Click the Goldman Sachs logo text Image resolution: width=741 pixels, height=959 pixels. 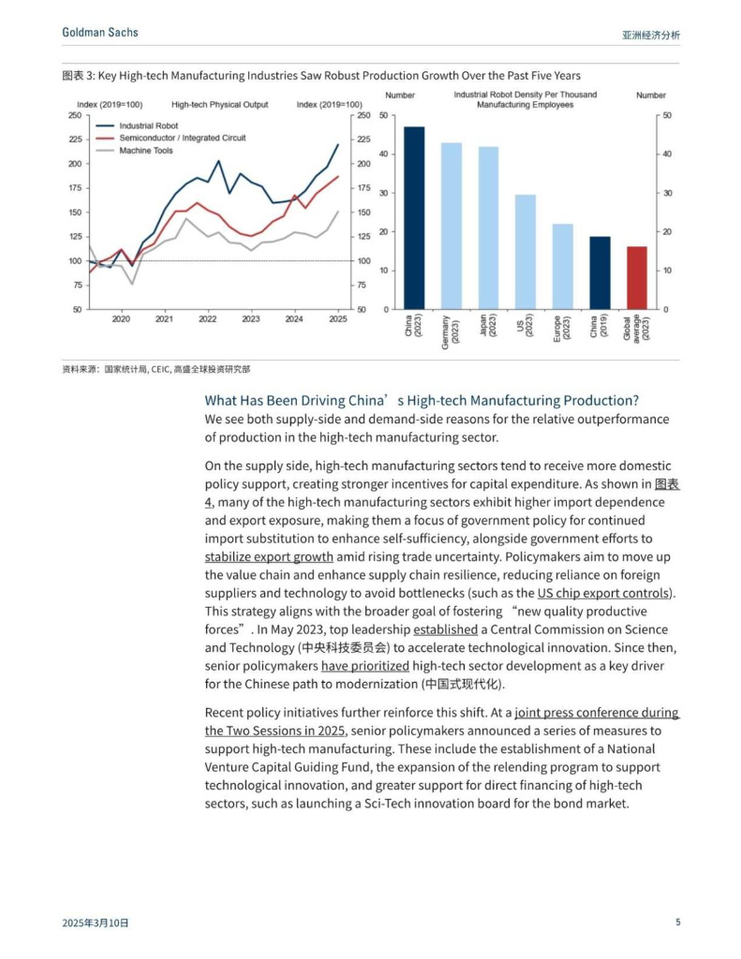100,33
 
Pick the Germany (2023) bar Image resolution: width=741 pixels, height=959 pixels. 452,226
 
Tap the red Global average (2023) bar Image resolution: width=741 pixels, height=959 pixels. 637,277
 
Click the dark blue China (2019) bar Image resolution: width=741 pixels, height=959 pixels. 600,273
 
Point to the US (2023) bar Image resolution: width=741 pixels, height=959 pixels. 526,251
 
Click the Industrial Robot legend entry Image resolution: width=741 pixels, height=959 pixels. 148,125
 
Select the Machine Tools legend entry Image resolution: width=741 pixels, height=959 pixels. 145,150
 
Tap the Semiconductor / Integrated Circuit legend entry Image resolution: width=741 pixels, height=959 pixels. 182,138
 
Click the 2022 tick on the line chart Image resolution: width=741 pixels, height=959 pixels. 208,319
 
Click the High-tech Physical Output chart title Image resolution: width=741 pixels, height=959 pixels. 219,105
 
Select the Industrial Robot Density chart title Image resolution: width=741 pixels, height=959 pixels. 525,99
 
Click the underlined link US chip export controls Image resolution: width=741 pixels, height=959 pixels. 603,593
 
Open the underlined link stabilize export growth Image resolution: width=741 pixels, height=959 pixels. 269,556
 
